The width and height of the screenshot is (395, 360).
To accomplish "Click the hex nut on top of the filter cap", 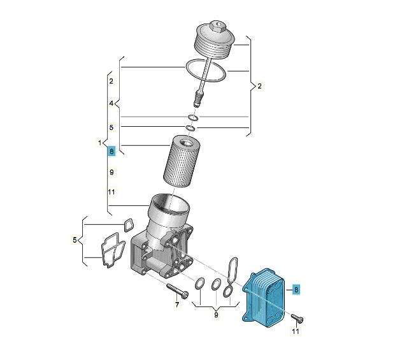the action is tap(217, 26).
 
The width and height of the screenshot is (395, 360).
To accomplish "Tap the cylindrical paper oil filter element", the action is tap(182, 161).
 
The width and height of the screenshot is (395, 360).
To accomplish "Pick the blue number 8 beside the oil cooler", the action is tap(296, 290).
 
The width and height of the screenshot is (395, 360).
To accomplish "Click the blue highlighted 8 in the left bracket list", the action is tap(111, 152).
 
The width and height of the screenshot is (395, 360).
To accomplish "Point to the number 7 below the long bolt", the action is tap(177, 305).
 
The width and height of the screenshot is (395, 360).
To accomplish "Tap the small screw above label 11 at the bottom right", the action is tap(298, 318).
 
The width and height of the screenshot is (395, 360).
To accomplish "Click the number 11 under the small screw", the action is tap(296, 331).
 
